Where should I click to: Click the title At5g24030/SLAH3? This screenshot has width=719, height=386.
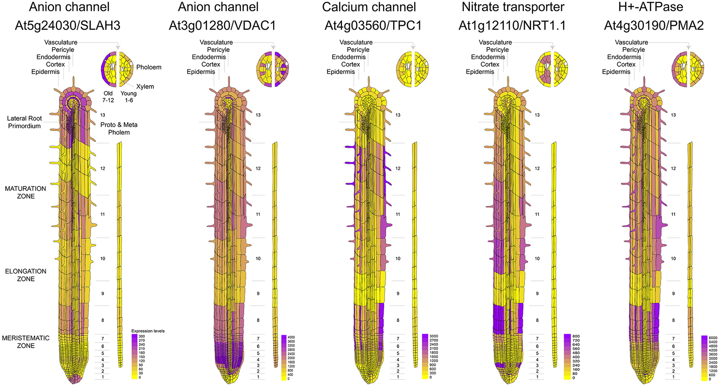pyautogui.click(x=67, y=26)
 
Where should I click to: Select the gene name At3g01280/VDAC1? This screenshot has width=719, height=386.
pyautogui.click(x=222, y=26)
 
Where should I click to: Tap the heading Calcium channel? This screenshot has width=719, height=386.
pyautogui.click(x=369, y=7)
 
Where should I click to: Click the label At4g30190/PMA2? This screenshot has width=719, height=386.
pyautogui.click(x=654, y=26)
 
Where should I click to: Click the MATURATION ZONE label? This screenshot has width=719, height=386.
pyautogui.click(x=25, y=192)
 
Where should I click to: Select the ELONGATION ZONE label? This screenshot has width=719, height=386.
pyautogui.click(x=26, y=275)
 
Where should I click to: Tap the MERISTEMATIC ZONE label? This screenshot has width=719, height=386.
pyautogui.click(x=26, y=342)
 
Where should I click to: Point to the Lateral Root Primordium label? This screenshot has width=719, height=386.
pyautogui.click(x=24, y=122)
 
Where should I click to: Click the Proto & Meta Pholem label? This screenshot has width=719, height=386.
pyautogui.click(x=119, y=129)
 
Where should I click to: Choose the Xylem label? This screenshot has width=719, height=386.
pyautogui.click(x=145, y=86)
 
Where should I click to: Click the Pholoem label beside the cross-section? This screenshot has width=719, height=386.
pyautogui.click(x=149, y=67)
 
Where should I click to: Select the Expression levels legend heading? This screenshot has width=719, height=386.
pyautogui.click(x=148, y=331)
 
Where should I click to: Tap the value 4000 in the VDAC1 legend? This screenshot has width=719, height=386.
pyautogui.click(x=291, y=337)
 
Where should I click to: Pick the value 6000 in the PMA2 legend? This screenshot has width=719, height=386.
pyautogui.click(x=713, y=338)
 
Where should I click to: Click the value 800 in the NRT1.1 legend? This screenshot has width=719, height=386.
pyautogui.click(x=575, y=337)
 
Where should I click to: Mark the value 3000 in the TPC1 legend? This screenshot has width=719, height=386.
pyautogui.click(x=433, y=336)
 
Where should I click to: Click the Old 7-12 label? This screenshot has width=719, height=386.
pyautogui.click(x=108, y=96)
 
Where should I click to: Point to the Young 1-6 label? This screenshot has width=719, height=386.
pyautogui.click(x=129, y=96)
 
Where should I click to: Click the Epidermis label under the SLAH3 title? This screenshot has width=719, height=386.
pyautogui.click(x=45, y=72)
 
